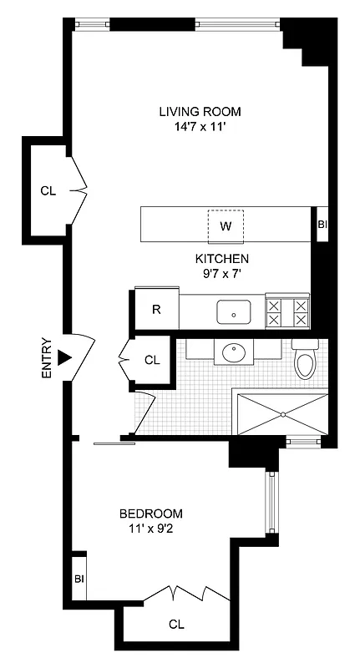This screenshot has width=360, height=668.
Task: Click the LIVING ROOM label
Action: [x=200, y=111]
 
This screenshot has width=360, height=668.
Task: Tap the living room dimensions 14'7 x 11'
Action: [x=200, y=128]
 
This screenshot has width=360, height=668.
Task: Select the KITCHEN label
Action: [x=222, y=258]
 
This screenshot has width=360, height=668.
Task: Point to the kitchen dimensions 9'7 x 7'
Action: [x=222, y=273]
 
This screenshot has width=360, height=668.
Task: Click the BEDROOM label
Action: [x=151, y=514]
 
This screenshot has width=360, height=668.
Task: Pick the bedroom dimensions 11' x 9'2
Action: [x=151, y=529]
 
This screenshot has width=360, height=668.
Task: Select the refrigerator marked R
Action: [x=156, y=309]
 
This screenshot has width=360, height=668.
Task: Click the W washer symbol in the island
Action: [x=226, y=225]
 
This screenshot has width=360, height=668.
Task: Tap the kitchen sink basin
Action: [x=234, y=313]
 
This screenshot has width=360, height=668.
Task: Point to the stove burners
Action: [x=286, y=312]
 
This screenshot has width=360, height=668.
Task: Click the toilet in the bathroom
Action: [x=305, y=362]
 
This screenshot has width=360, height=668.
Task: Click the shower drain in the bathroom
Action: [x=283, y=414]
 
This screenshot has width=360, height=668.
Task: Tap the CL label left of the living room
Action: [x=48, y=190]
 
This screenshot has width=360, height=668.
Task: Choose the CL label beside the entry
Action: [x=151, y=361]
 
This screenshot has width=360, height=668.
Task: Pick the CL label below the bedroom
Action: [x=176, y=624]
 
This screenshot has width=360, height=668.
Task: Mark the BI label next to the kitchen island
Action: [x=322, y=225]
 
